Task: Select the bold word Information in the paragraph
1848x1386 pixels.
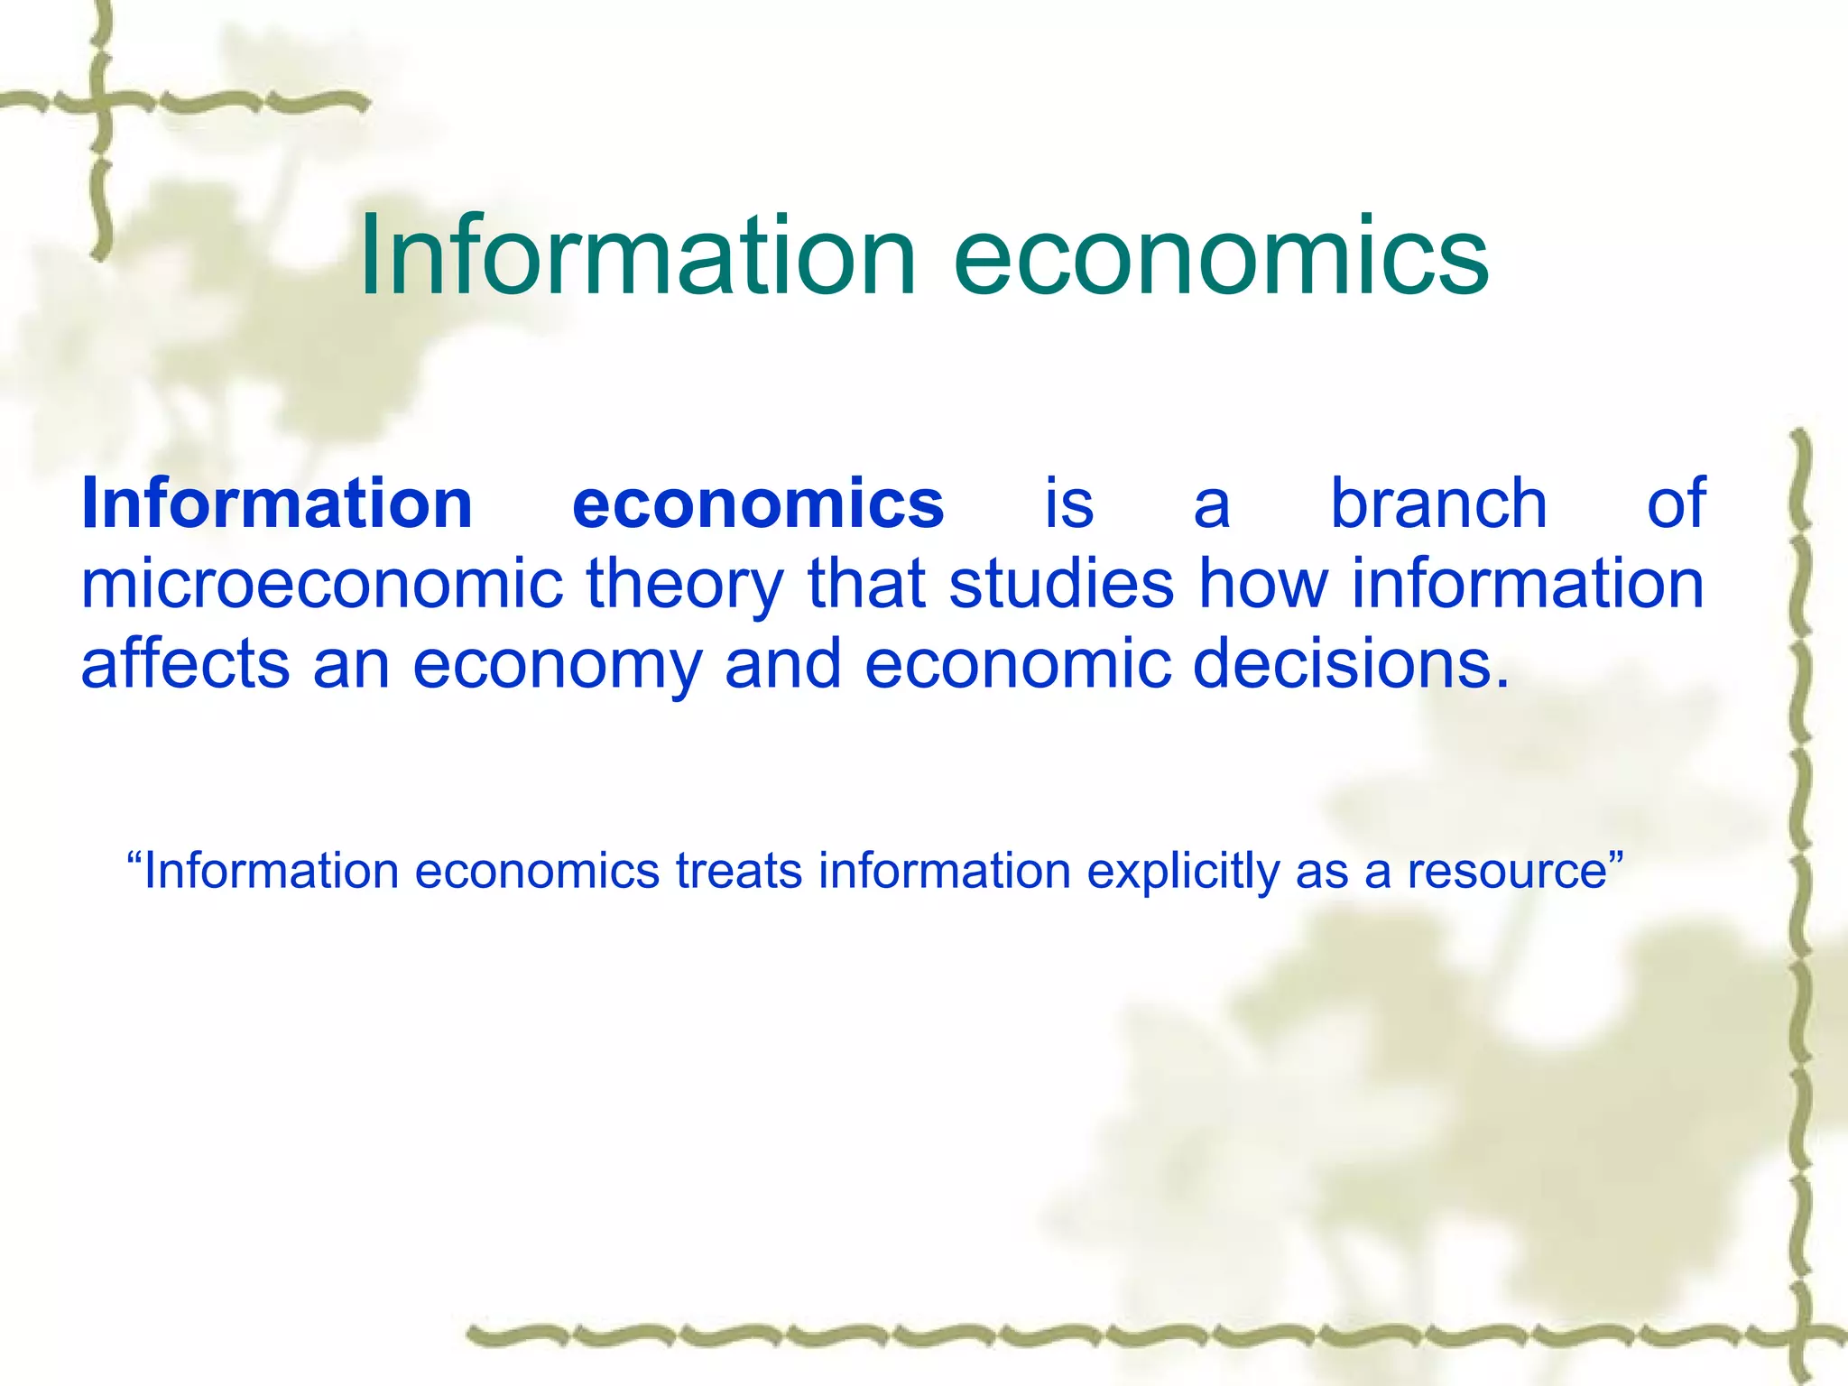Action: (277, 503)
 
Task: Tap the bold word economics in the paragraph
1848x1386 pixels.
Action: (758, 503)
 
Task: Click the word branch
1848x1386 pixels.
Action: (1439, 503)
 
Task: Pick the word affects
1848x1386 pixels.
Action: (185, 663)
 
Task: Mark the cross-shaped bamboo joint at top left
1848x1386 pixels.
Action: (100, 102)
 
